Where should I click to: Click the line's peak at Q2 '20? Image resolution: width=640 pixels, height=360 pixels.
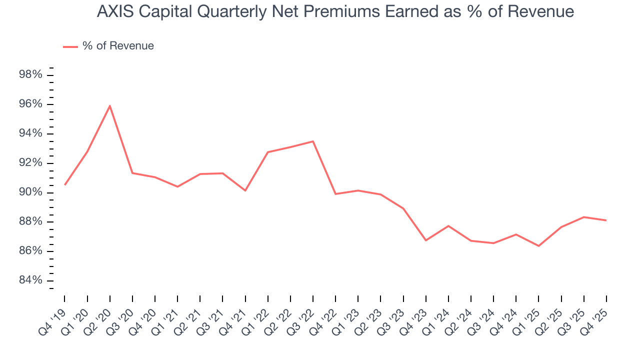tap(109, 105)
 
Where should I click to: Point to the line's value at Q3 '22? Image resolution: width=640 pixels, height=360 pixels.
tap(313, 141)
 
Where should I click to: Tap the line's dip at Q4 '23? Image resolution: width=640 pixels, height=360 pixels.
tap(426, 240)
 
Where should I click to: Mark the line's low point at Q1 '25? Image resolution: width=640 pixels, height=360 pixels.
tap(538, 246)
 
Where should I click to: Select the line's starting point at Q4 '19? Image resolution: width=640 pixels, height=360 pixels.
tap(64, 185)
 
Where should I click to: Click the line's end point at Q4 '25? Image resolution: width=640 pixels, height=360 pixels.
tap(606, 220)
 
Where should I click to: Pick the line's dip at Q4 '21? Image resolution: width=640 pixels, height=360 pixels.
tap(245, 190)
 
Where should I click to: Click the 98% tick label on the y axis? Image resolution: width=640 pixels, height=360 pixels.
tap(30, 75)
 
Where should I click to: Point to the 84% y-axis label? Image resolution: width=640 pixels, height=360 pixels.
tap(30, 280)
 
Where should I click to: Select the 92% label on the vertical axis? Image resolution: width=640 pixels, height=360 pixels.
tap(30, 163)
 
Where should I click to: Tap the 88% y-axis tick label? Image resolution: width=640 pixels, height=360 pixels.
tap(30, 221)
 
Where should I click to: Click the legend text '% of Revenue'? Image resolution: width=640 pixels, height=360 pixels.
tap(118, 46)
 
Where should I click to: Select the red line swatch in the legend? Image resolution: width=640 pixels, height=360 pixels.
tap(70, 46)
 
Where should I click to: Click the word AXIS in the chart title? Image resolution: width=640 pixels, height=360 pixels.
tap(112, 11)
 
